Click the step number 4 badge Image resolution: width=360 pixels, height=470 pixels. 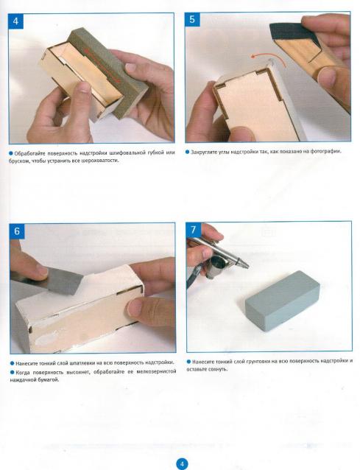click(x=16, y=21)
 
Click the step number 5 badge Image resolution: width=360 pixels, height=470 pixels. click(x=192, y=19)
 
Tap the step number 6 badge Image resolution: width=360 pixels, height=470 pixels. click(x=17, y=231)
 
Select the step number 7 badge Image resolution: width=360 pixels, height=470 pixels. click(x=194, y=230)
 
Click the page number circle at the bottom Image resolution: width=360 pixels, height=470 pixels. click(x=182, y=463)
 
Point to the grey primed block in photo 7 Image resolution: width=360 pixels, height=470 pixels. click(x=283, y=301)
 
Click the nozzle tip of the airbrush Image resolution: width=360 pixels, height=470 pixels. click(x=247, y=266)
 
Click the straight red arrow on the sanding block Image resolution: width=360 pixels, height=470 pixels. click(x=103, y=66)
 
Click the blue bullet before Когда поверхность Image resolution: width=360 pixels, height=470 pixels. click(x=13, y=372)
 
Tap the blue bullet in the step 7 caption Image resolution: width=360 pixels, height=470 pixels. click(x=188, y=362)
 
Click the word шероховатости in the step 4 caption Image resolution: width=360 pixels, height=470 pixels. click(x=102, y=161)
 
